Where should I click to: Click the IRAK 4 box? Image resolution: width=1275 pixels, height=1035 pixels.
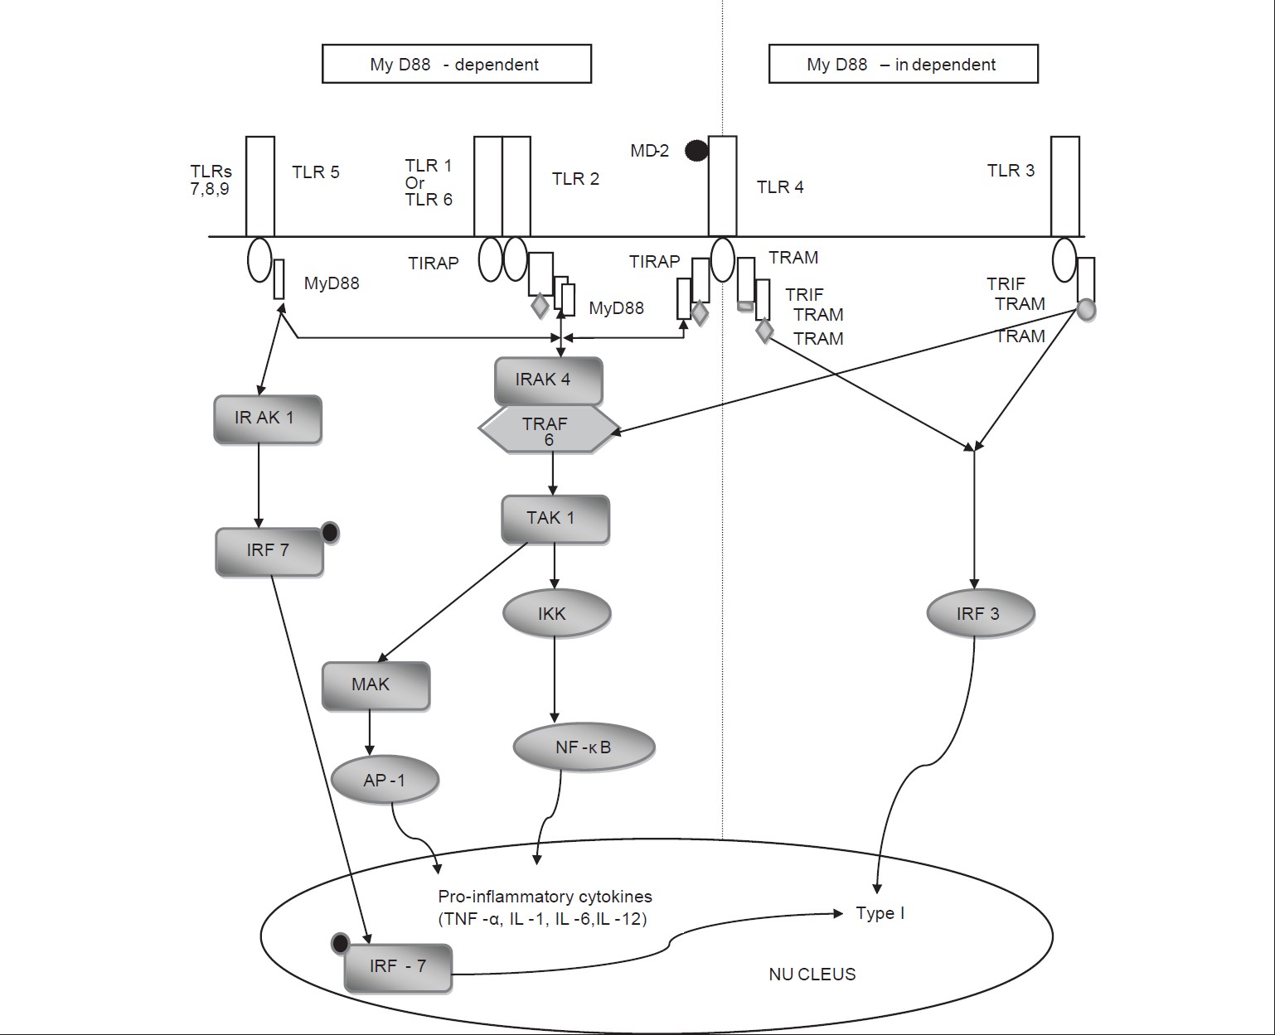(548, 380)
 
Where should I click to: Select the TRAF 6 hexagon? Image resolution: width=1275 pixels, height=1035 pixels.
(548, 429)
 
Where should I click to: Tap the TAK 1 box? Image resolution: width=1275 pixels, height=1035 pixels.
(555, 519)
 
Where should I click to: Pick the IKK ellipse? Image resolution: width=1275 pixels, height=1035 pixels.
(556, 614)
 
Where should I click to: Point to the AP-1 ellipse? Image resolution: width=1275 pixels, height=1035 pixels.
(385, 780)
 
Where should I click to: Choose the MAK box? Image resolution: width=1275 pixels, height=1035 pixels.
(376, 685)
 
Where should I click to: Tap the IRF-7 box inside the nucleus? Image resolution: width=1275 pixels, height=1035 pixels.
(398, 967)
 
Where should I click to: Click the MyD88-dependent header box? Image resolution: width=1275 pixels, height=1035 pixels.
(456, 65)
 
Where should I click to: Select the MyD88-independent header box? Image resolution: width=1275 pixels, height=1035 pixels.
(903, 65)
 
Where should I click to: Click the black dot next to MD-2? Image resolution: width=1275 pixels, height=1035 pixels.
(696, 150)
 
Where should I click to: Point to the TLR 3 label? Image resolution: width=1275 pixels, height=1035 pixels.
(1011, 171)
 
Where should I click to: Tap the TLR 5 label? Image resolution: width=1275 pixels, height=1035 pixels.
(316, 172)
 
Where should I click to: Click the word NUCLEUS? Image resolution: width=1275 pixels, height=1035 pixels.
(812, 975)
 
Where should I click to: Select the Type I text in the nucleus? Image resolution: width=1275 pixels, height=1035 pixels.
(880, 914)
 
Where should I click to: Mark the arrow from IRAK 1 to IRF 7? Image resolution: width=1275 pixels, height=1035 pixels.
(259, 485)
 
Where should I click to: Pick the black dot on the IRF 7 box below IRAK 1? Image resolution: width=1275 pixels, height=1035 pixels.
(329, 533)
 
